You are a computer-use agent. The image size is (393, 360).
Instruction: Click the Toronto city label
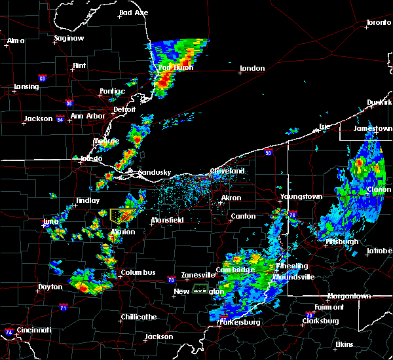378,22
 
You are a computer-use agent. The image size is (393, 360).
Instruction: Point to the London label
252,68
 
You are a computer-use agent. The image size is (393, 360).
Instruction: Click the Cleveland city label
227,171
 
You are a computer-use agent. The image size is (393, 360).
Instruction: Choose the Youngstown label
301,196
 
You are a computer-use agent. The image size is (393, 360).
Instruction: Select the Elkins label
344,344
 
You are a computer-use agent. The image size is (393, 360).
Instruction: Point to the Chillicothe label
137,317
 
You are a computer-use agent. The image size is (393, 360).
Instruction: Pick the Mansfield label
168,221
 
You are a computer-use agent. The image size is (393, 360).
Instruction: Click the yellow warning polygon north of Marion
121,215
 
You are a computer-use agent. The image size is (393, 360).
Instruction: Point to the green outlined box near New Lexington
200,287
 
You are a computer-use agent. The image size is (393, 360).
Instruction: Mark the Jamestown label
373,129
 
